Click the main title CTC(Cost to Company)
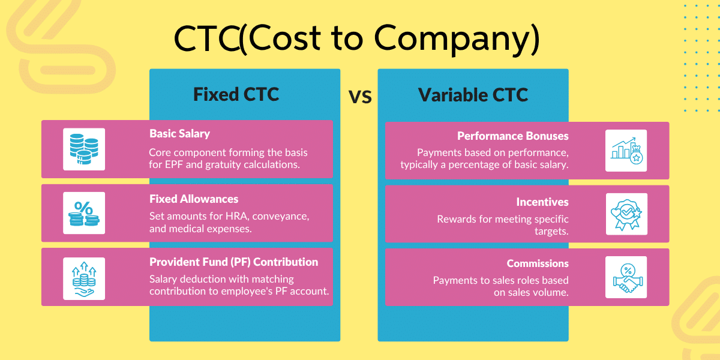[x=356, y=39]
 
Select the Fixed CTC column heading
[x=236, y=95]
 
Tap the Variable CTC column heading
[x=473, y=95]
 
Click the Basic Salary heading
[x=179, y=134]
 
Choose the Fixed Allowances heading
[x=193, y=199]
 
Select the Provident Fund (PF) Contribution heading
[x=233, y=262]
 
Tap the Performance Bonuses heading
[x=512, y=136]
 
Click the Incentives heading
[x=542, y=202]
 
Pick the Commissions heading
[x=538, y=263]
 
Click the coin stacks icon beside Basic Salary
[x=84, y=149]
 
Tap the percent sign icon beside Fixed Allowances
[x=84, y=213]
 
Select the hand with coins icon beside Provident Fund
[x=84, y=278]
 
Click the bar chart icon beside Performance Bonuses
[x=626, y=151]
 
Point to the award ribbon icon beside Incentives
[x=626, y=214]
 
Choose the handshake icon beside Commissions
[x=626, y=277]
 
